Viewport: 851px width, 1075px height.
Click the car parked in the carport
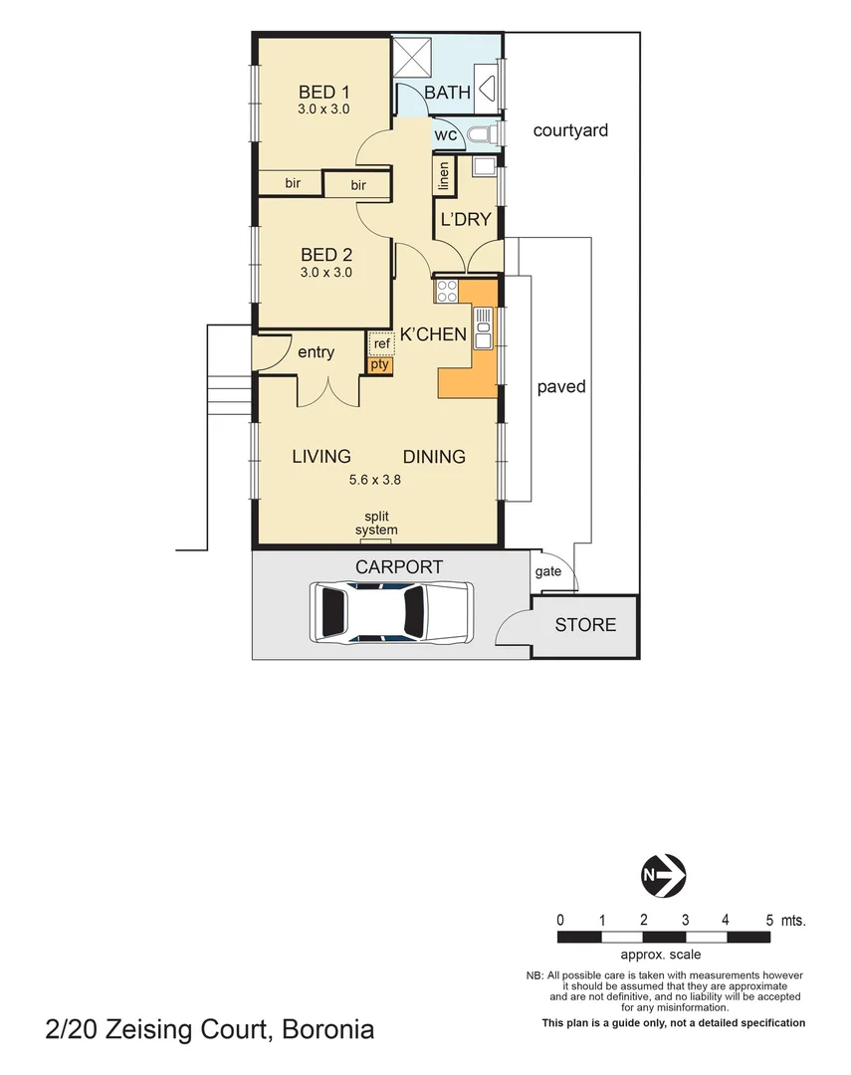391,611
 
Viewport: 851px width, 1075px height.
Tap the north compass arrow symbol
662,875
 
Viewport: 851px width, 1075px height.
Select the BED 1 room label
323,92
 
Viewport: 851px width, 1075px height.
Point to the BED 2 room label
325,254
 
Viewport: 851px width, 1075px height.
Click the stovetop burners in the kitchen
446,292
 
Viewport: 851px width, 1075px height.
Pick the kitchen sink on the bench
484,327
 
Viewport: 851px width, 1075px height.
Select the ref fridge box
381,344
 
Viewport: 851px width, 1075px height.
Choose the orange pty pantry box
380,364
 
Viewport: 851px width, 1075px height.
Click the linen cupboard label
444,176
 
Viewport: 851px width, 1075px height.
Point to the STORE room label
585,625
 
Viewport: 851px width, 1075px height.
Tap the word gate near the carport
547,571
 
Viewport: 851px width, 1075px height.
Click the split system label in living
376,524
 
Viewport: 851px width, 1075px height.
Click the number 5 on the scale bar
769,919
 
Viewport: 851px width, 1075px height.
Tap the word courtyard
569,130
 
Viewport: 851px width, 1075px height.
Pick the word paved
560,386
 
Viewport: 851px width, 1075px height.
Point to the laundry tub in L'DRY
484,166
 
